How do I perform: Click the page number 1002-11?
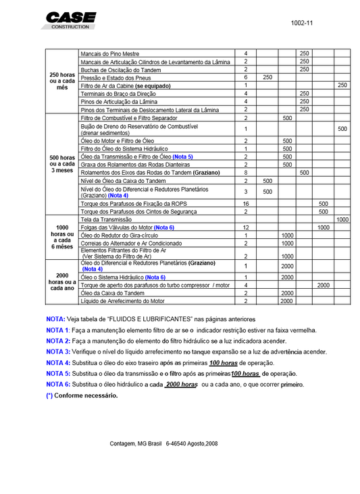tap(301, 23)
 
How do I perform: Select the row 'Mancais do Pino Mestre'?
tap(112, 53)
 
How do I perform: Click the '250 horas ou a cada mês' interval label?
tap(62, 81)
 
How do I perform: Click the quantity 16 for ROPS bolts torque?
tap(246, 203)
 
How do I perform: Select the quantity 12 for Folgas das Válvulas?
tap(246, 227)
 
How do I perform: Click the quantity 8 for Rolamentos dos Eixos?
tap(246, 173)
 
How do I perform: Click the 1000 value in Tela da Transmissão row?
tap(342, 219)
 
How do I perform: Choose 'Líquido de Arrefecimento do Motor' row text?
tap(122, 301)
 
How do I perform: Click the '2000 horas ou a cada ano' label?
tap(62, 281)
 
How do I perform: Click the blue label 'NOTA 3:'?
tap(58, 352)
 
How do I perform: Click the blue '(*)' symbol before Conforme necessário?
tap(49, 395)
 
